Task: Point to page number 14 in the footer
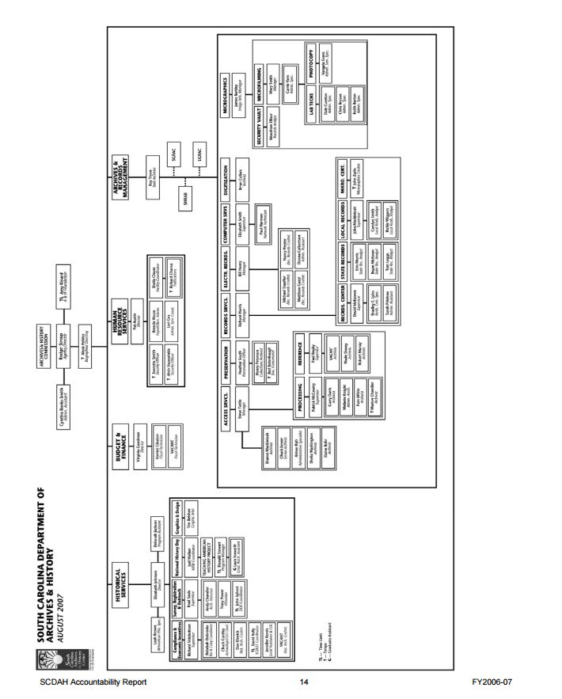click(x=303, y=682)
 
